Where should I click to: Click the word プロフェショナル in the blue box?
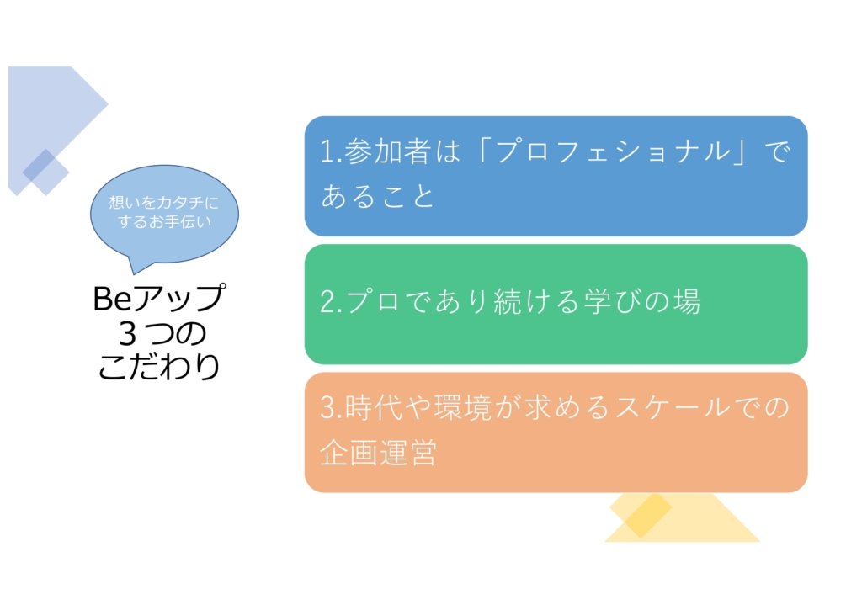coord(614,151)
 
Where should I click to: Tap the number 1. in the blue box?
coord(331,151)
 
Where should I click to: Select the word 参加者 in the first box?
coord(387,151)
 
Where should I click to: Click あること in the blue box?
coord(378,196)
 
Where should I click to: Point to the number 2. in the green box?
coord(332,302)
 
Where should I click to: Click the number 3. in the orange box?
coord(332,408)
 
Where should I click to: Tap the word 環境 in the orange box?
coord(463,407)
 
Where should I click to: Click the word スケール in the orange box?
coord(673,407)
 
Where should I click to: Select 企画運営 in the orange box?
coord(378,453)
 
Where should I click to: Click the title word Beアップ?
coord(159,298)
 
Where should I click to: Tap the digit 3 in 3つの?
coord(128,333)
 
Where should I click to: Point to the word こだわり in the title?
coord(159,366)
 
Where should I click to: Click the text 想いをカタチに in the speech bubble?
coord(164,202)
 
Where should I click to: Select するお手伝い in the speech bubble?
coord(164,221)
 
